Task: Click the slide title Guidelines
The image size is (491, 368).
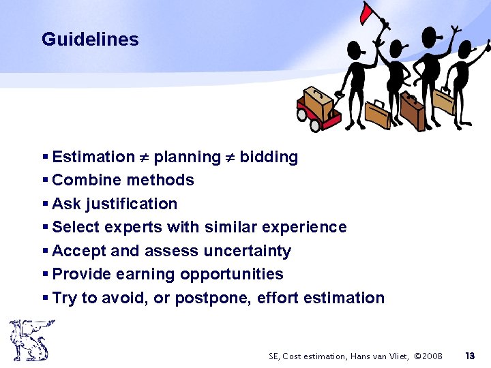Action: pos(90,40)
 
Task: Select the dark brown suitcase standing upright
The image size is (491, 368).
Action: pos(411,110)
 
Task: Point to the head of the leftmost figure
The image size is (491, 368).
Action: pos(357,50)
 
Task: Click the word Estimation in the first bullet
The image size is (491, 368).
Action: pos(93,157)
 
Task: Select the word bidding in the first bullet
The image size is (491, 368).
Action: pos(269,157)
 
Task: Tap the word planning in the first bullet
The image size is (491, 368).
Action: pos(187,157)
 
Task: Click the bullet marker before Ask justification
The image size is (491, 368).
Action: pos(45,204)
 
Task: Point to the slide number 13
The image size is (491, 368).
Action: pos(469,356)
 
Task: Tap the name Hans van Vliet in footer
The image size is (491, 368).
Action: pos(378,356)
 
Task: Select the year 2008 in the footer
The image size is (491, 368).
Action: pos(431,356)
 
